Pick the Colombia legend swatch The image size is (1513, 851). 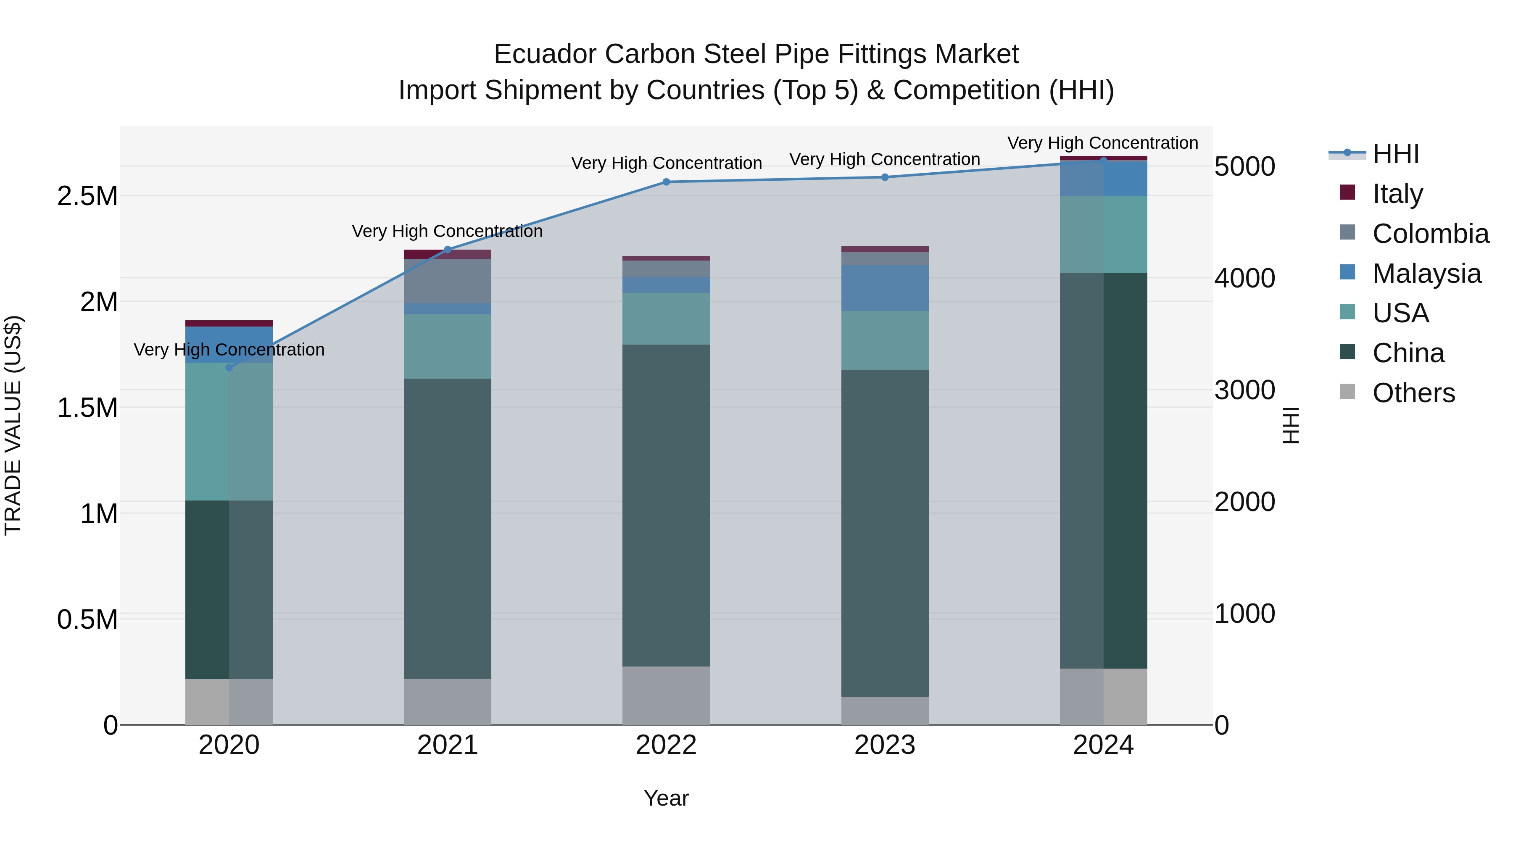[x=1347, y=232]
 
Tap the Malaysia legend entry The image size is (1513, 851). [x=1426, y=274]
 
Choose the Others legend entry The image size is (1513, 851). [x=1413, y=393]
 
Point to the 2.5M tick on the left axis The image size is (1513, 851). [x=87, y=196]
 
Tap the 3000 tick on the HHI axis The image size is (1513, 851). [x=1244, y=390]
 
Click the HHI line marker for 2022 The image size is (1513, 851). [x=666, y=182]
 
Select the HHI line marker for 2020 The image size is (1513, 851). [x=229, y=368]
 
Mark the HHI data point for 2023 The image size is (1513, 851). [x=885, y=177]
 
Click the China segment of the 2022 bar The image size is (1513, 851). [x=666, y=505]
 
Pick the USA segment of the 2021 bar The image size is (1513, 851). [x=447, y=347]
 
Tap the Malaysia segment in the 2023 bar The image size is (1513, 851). [x=885, y=288]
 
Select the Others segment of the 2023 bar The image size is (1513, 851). [x=885, y=711]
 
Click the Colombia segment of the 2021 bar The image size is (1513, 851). [x=447, y=281]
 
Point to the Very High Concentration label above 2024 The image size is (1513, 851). [x=1102, y=143]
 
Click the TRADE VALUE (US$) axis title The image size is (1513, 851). [x=13, y=425]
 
